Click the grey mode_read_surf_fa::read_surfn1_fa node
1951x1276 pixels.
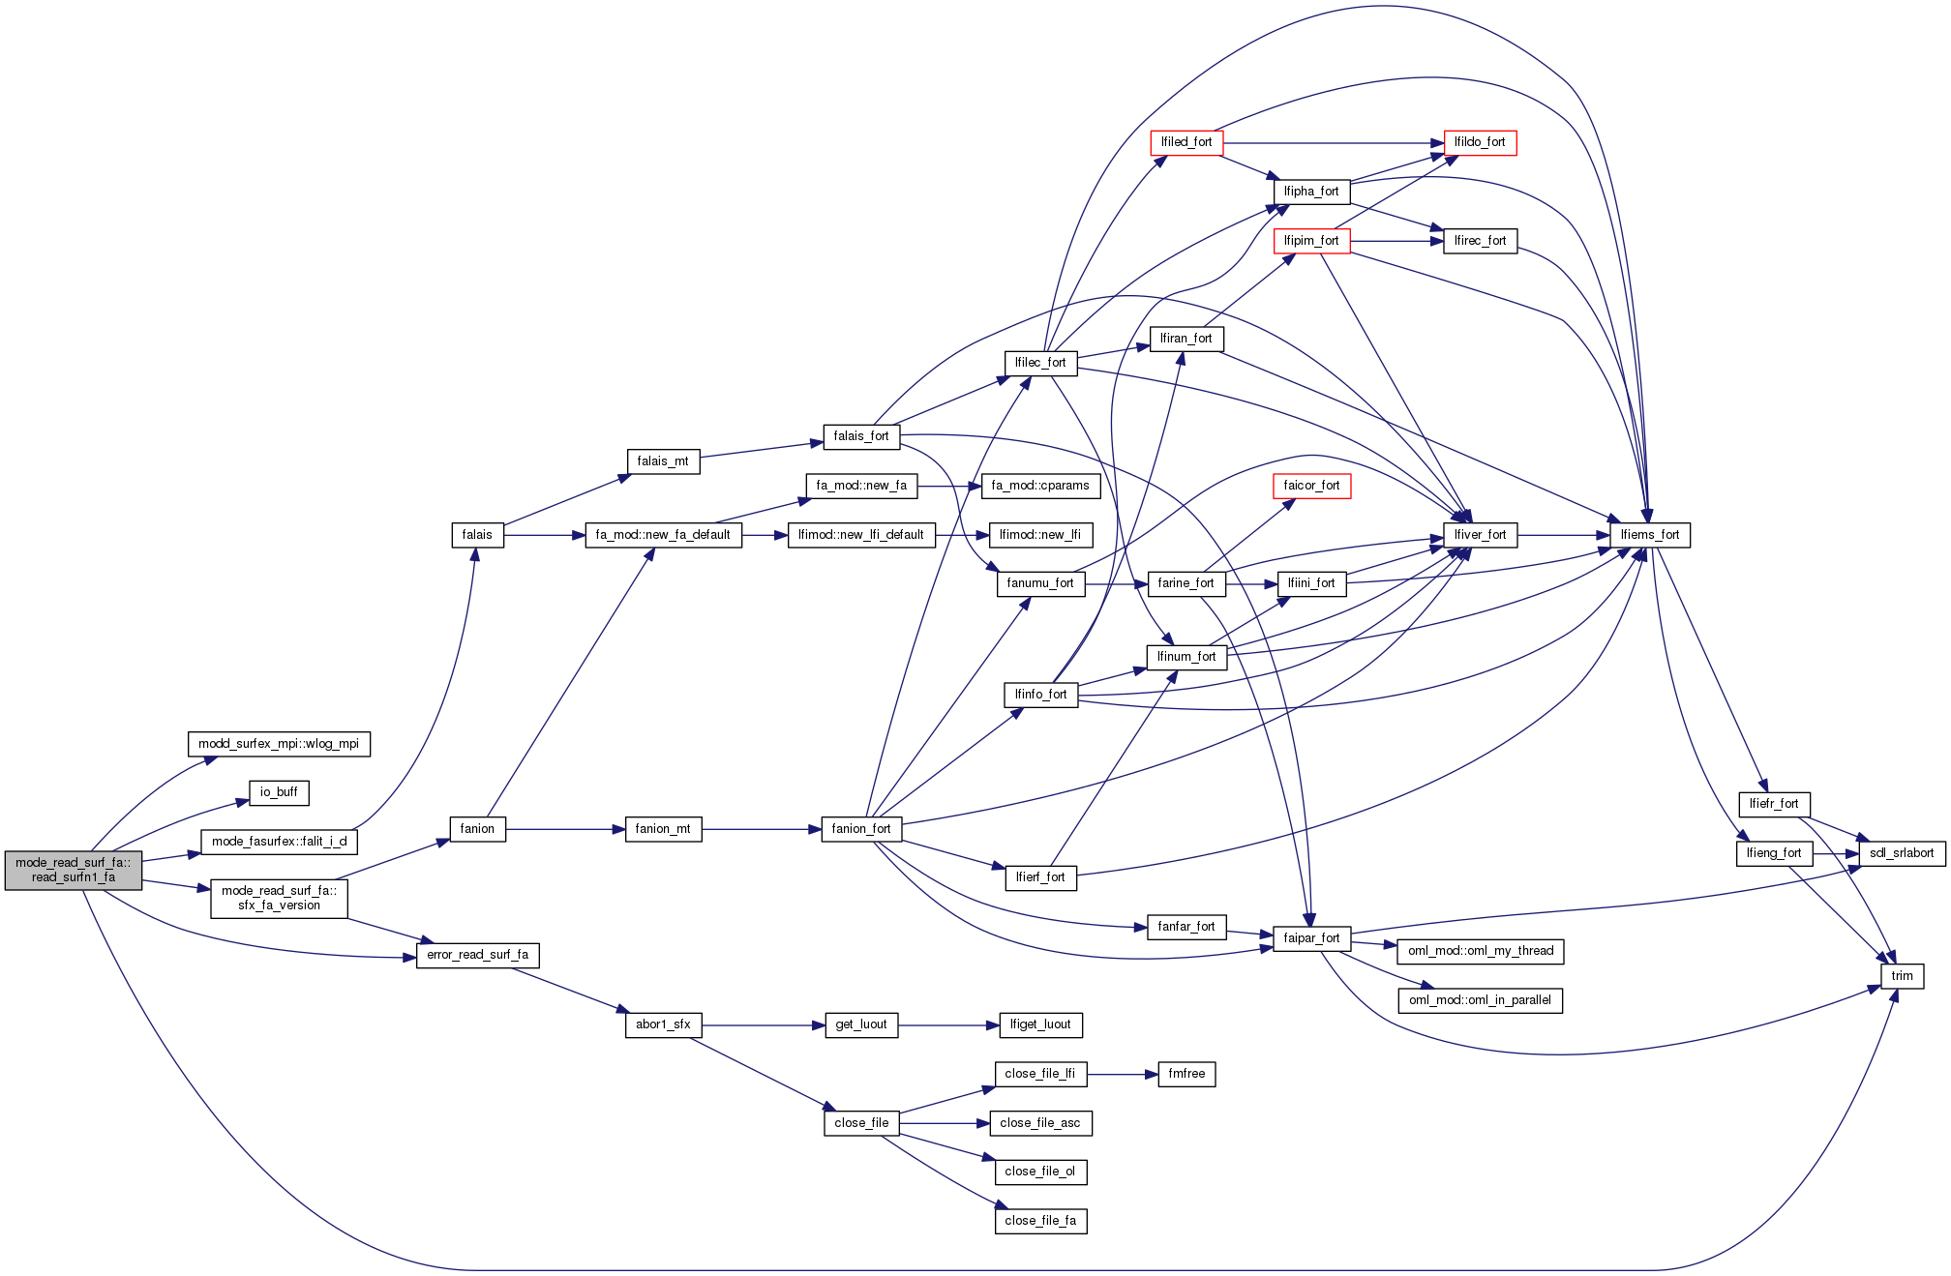pos(74,870)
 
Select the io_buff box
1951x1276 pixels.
pos(279,792)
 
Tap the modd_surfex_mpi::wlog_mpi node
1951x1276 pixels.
pos(279,744)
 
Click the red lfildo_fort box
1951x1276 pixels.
pos(1480,142)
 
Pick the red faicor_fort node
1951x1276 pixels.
pos(1311,486)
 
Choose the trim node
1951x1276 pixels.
pos(1902,976)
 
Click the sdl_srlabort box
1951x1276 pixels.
pos(1902,853)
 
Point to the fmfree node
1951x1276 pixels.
pos(1186,1074)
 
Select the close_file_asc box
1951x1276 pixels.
pos(1040,1123)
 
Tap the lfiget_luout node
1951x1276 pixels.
pos(1040,1024)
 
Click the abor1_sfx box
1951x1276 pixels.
pos(663,1024)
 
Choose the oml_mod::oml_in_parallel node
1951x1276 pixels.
pos(1480,1000)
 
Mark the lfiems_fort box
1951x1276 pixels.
pos(1650,535)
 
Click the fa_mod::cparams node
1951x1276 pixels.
pos(1040,486)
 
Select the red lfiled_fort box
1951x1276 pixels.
pos(1186,142)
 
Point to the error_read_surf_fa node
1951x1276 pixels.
pos(477,955)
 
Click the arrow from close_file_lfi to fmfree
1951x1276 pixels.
pos(1123,1074)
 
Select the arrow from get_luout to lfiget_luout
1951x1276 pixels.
pos(948,1024)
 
